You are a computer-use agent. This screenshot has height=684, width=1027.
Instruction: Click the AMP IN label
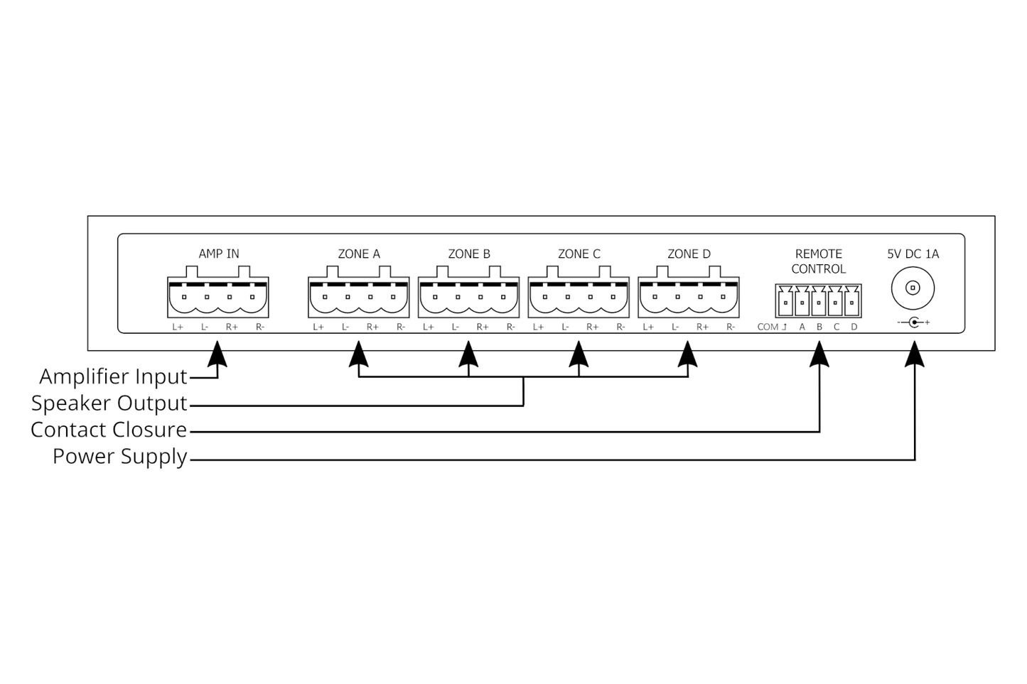coord(218,254)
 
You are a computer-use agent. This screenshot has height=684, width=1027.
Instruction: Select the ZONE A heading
coord(359,254)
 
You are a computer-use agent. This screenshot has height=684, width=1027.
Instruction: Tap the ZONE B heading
coord(469,254)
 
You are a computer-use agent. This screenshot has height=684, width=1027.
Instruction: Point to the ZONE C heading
coord(579,254)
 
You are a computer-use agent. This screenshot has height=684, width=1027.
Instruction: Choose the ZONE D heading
coord(689,254)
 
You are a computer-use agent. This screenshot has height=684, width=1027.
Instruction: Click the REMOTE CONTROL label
coord(819,261)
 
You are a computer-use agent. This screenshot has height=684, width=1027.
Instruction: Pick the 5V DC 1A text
coord(913,254)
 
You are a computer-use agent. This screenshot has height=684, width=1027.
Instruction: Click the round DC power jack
coord(913,288)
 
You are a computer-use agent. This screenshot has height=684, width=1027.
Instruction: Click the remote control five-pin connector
coord(819,301)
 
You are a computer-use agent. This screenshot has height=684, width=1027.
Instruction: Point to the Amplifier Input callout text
coord(114,376)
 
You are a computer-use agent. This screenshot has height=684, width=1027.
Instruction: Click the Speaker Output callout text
coord(109,403)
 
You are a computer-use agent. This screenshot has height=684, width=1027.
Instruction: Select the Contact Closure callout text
coord(109,430)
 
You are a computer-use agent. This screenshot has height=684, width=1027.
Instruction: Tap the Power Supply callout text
coord(120,456)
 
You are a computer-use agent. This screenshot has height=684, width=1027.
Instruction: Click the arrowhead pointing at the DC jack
coord(915,354)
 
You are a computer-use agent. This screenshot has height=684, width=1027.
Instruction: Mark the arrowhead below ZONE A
coord(359,354)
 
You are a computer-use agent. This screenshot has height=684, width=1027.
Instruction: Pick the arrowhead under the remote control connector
coord(819,354)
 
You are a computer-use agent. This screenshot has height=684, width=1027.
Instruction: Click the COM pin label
coord(768,327)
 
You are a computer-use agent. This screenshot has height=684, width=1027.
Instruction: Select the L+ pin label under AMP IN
coord(178,327)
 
